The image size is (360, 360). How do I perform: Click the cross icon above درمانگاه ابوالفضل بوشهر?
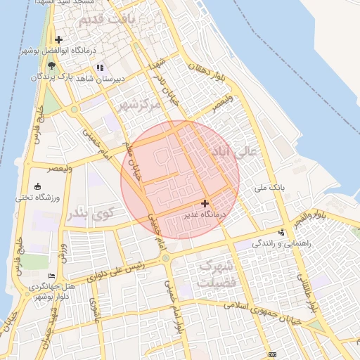(x=58, y=39)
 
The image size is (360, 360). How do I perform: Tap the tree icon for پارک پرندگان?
(x=51, y=65)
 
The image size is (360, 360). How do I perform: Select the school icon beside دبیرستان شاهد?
(x=99, y=67)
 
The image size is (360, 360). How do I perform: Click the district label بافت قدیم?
(x=106, y=20)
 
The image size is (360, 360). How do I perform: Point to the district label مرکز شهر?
(x=137, y=104)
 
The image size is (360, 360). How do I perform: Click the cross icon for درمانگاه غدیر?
(x=205, y=202)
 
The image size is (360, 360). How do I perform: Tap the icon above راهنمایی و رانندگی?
(x=282, y=232)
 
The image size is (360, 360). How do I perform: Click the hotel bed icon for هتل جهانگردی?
(x=51, y=276)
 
